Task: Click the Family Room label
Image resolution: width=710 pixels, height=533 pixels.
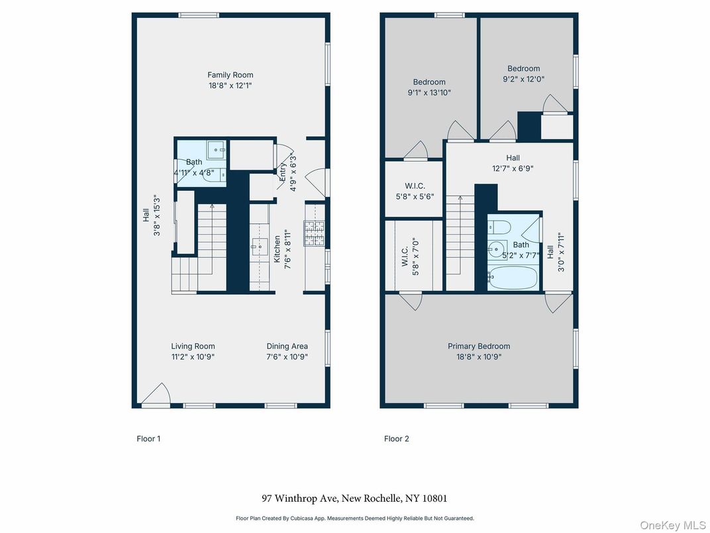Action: point(230,75)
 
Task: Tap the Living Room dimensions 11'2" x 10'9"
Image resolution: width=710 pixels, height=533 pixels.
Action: point(193,357)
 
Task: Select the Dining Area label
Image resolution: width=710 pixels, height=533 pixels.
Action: point(287,346)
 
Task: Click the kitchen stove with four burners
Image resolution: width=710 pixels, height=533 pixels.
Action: point(313,233)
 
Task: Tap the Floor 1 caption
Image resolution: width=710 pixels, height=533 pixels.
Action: point(148,439)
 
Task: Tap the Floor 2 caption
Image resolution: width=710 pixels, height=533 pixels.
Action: point(396,439)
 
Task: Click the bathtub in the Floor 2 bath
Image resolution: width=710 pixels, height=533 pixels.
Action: point(513,278)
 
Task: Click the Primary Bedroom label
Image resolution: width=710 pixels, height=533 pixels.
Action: point(479,346)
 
